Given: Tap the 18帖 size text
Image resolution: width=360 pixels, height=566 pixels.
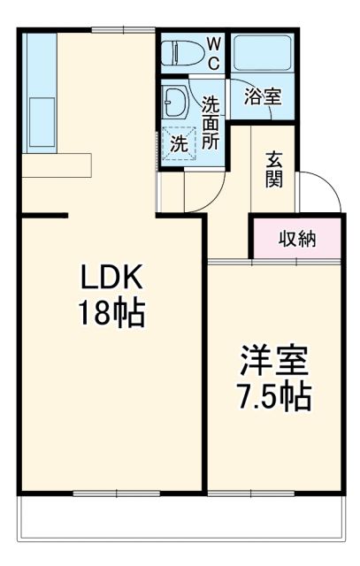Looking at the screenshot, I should [x=111, y=315].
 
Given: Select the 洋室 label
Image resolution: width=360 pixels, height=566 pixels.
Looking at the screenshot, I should [x=273, y=362].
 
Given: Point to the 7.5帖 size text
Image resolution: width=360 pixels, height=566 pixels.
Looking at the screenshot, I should [x=273, y=397].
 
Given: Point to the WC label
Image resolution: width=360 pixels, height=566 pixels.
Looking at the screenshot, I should [x=214, y=53].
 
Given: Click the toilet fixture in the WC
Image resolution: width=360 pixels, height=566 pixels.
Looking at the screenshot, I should [x=183, y=53].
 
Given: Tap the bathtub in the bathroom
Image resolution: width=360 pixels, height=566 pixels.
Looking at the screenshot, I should [x=263, y=56].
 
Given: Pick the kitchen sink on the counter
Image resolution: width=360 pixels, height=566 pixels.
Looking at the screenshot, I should [x=40, y=120].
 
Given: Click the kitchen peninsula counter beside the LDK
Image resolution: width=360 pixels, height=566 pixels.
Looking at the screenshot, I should [x=56, y=165].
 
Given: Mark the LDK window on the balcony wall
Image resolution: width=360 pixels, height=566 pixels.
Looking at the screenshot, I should [x=111, y=493].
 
